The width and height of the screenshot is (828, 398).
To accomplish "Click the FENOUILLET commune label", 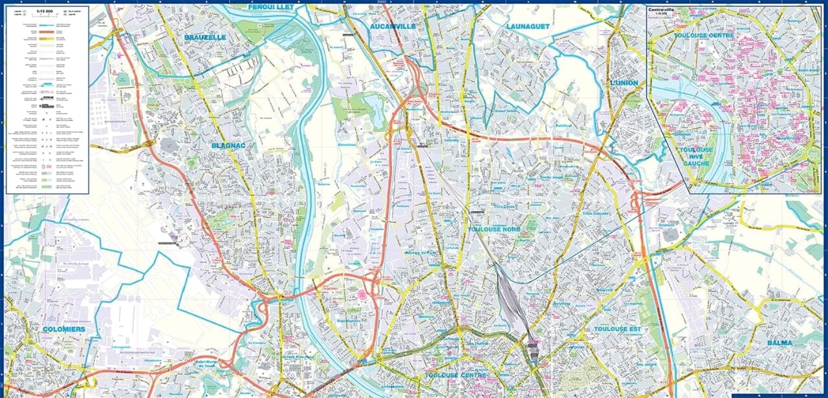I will tap(271, 7).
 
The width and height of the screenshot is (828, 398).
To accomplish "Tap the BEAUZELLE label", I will tap(204, 37).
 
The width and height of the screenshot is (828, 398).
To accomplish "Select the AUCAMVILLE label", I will tap(393, 26).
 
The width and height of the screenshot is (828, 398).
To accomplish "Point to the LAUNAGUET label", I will tap(528, 26).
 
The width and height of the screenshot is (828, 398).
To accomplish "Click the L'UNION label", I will tap(624, 83).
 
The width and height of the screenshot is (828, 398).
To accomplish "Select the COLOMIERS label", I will tap(63, 330).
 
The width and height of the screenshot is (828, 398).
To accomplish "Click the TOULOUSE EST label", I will tap(616, 330).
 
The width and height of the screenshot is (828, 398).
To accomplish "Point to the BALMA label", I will tap(780, 342).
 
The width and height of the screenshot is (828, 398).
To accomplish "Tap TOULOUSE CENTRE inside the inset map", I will tap(703, 36).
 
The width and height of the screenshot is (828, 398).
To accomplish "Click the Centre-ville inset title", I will tap(666, 10).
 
